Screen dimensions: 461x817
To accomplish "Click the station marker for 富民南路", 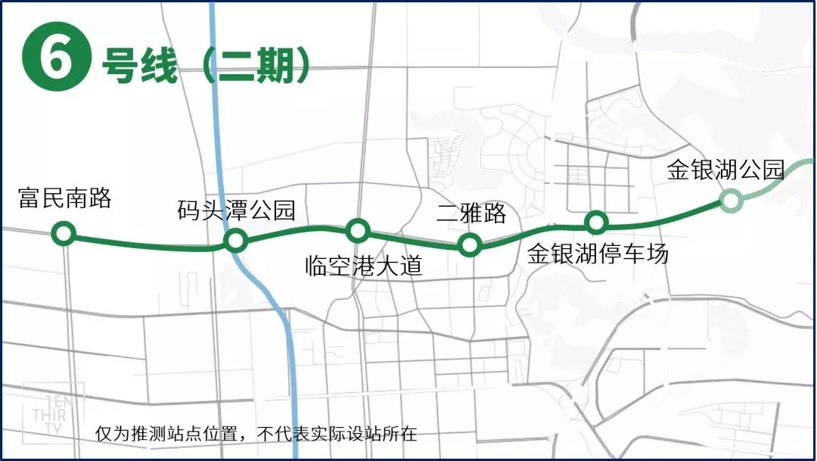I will click(x=64, y=234).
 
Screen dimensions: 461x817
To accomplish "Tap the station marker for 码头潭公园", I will click(x=235, y=241).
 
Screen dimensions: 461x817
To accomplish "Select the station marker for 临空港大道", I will click(x=357, y=229).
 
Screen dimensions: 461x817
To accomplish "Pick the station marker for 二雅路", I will click(x=470, y=245).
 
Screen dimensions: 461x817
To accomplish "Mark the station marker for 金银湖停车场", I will click(x=597, y=222).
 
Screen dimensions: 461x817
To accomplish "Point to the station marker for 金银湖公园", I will click(x=730, y=200).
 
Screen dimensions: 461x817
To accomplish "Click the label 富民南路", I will click(x=65, y=199).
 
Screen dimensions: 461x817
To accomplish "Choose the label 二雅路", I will click(x=471, y=213).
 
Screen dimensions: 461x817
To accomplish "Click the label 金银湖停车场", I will click(x=598, y=254).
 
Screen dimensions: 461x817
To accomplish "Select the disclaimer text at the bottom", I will click(x=256, y=435).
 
